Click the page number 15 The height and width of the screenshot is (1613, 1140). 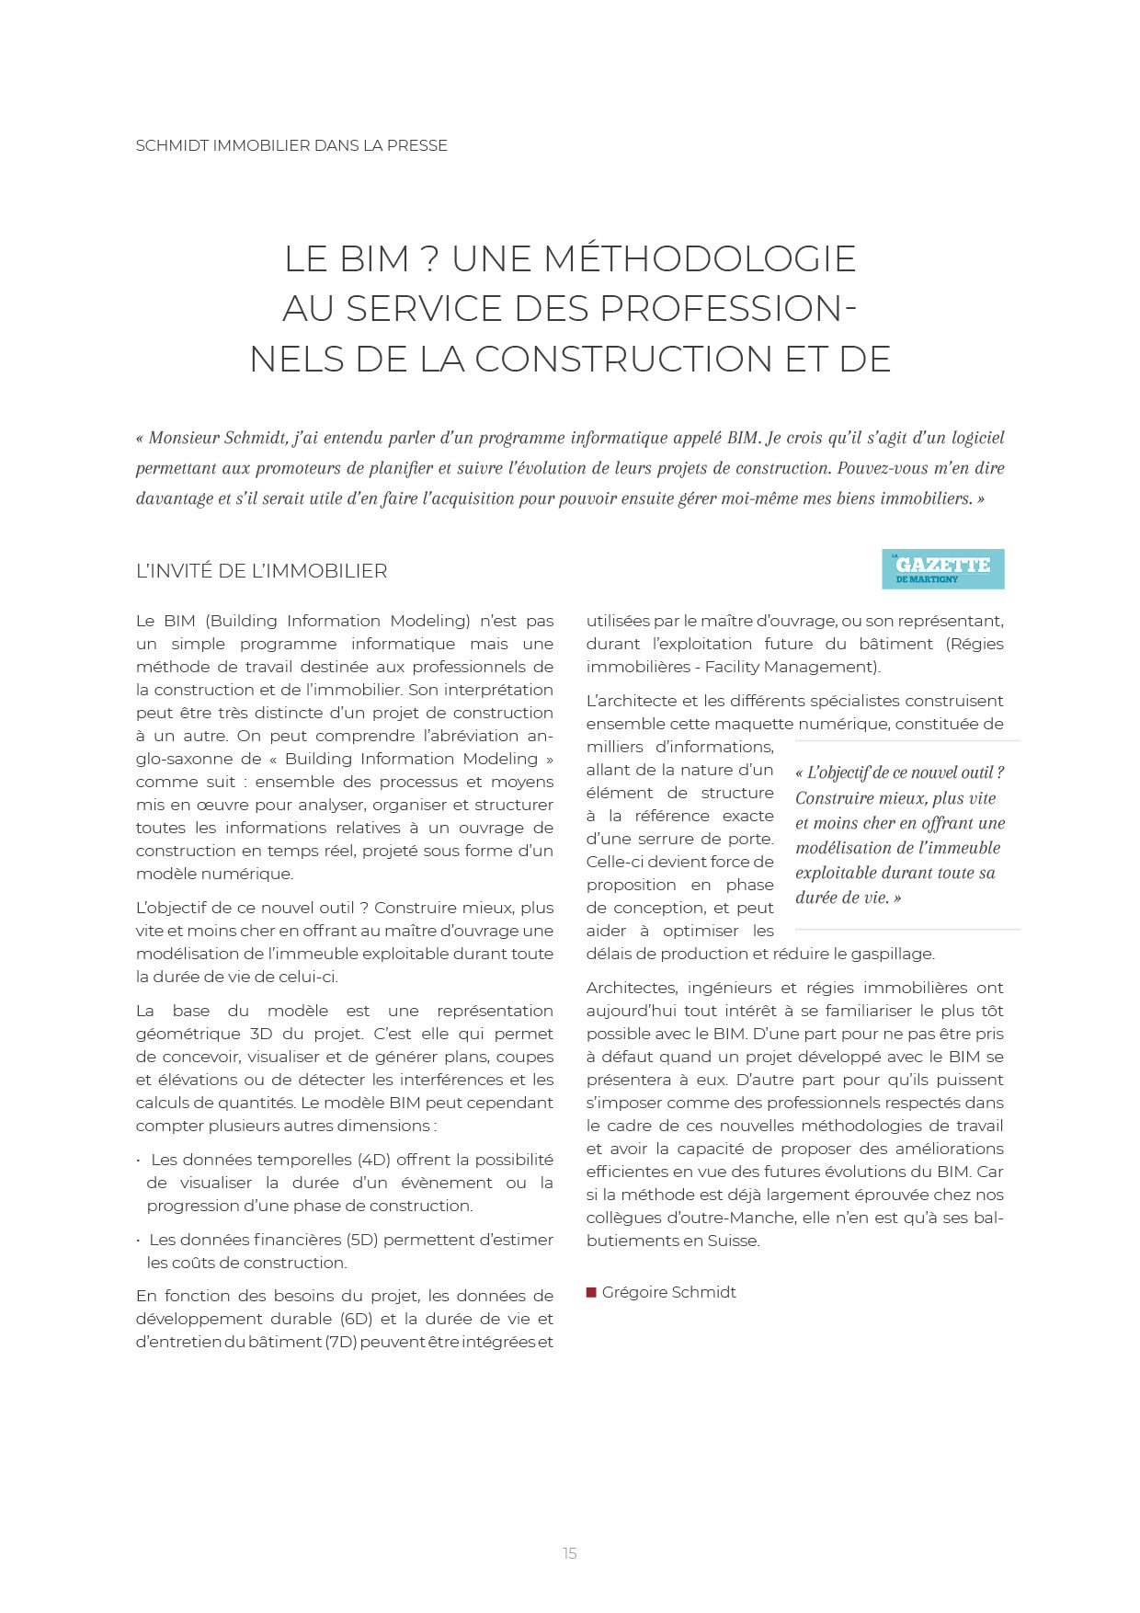(569, 1553)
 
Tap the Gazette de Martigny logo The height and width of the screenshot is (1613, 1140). (942, 569)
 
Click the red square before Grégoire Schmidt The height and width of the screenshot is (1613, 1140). (591, 1292)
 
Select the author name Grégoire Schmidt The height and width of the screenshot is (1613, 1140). (668, 1292)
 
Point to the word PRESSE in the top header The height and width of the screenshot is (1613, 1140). (416, 145)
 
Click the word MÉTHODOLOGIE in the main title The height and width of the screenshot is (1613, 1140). (700, 259)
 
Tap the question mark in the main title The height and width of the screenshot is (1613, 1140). (429, 259)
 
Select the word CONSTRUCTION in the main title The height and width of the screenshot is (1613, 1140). (623, 359)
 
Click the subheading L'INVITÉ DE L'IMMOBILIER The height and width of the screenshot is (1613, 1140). (261, 571)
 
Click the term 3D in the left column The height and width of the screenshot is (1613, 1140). (261, 1034)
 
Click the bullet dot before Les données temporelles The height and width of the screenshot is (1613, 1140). (139, 1161)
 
